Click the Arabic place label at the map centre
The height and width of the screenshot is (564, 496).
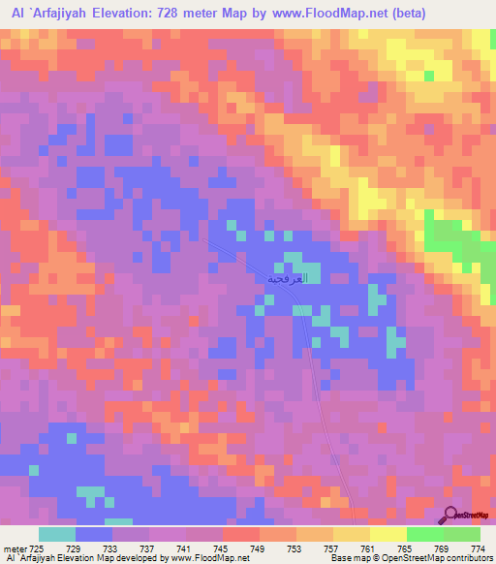288,278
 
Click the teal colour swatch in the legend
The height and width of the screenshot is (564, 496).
57,534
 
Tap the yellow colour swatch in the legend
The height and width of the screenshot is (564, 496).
387,534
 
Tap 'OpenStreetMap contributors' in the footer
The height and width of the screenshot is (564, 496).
435,559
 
